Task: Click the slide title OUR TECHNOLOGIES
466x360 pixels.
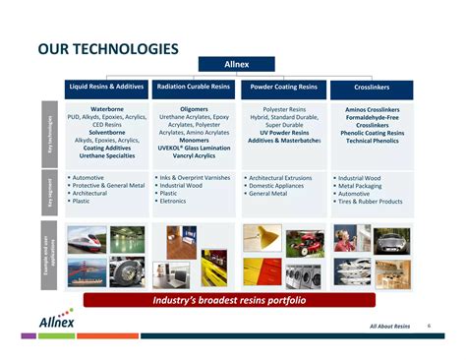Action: coord(107,48)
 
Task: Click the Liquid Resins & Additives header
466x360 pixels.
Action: coord(106,88)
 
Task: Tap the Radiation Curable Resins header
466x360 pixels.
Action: coord(194,88)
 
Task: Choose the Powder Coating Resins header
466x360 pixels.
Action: coord(283,88)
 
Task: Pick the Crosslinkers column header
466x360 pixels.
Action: coord(372,88)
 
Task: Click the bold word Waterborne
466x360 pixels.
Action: coord(107,109)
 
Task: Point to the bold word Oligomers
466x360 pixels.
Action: coord(194,109)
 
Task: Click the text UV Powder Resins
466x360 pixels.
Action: coord(284,133)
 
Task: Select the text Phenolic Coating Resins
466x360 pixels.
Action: coord(373,133)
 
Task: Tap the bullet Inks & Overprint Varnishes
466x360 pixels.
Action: coord(197,178)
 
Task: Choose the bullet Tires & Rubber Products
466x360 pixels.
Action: coord(372,202)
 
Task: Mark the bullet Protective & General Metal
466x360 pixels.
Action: coord(110,186)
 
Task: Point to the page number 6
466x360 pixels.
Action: coord(429,325)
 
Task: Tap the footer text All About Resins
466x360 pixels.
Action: coord(389,326)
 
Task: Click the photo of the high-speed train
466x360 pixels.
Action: coord(86,240)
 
